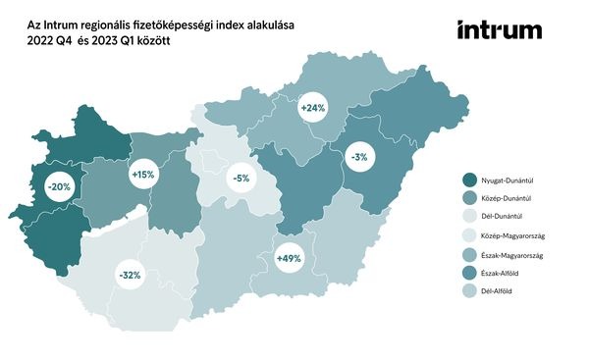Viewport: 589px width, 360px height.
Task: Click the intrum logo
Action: pyautogui.click(x=499, y=30)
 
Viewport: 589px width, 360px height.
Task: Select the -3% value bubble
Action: pyautogui.click(x=360, y=156)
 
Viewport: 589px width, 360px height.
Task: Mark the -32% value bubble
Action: pyautogui.click(x=129, y=276)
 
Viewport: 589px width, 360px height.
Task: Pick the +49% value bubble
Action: pyautogui.click(x=289, y=259)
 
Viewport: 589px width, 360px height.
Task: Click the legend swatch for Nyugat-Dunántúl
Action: pyautogui.click(x=470, y=180)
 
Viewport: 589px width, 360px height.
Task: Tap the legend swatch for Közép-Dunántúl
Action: pyautogui.click(x=470, y=198)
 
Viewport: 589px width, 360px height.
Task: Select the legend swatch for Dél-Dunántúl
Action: pyautogui.click(x=470, y=217)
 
